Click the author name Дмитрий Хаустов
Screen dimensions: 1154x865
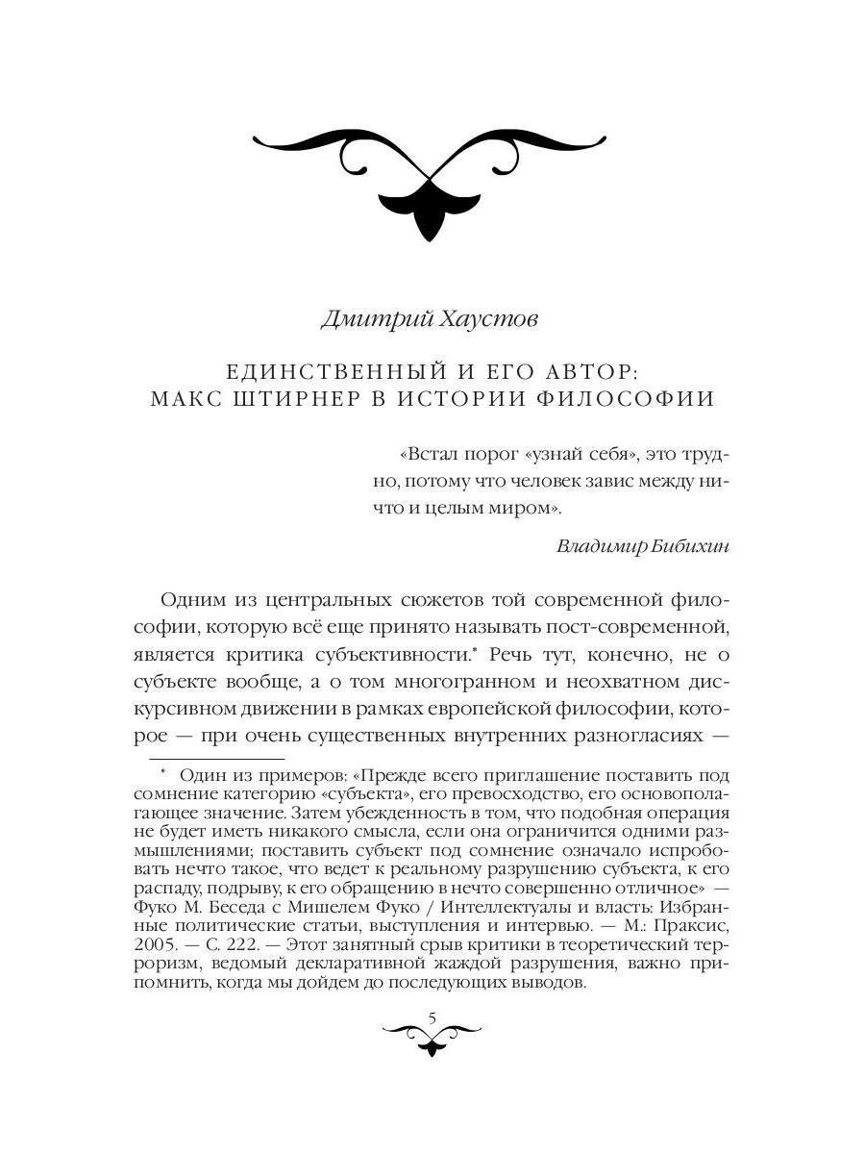(430, 318)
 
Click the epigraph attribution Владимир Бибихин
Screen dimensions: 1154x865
(643, 546)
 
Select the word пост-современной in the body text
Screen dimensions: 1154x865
(643, 628)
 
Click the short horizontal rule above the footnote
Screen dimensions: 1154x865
(216, 760)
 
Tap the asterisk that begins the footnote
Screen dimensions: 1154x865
(164, 773)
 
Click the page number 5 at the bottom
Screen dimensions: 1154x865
(432, 1016)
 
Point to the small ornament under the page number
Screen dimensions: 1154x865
(432, 1039)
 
